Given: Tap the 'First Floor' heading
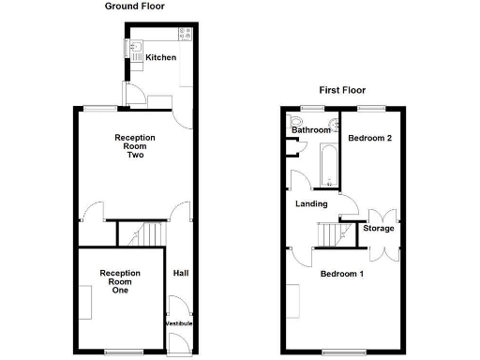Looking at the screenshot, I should tap(341, 91).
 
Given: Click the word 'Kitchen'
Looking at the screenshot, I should tap(160, 58).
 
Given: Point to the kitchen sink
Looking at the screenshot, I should tap(135, 47).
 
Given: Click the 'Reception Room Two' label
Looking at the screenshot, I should tap(135, 146).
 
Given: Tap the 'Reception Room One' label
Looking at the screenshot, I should tap(120, 281).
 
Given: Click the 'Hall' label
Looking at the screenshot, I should tap(180, 274).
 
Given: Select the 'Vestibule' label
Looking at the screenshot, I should tap(179, 323).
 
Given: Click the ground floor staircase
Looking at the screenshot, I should tap(144, 232).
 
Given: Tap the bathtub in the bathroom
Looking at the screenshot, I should tap(329, 163).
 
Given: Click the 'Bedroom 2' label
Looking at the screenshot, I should tap(369, 138).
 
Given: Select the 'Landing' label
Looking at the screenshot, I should tap(311, 203).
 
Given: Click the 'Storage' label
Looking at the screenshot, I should tap(379, 228).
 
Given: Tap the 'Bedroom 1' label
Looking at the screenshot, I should tap(341, 274).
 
